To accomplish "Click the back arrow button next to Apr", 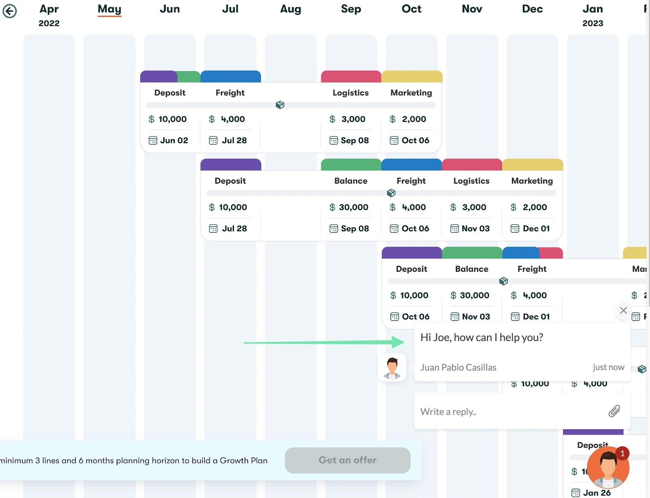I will (10, 11).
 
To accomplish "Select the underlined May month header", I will (109, 9).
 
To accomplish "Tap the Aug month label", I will (290, 9).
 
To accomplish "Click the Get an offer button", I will (347, 460).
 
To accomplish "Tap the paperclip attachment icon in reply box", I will (614, 411).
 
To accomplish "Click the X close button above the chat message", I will (623, 310).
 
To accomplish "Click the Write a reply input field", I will (508, 411).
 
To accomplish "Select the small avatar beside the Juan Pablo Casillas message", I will (392, 367).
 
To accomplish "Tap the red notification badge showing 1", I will (622, 453).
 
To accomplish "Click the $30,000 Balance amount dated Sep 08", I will (353, 207).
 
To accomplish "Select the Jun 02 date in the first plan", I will (173, 141).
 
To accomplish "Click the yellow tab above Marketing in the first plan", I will (412, 76).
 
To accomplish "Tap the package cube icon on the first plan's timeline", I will (280, 105).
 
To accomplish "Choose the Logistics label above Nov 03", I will (471, 181).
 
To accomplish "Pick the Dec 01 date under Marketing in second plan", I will (536, 229).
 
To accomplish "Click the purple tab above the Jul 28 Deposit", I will (230, 165).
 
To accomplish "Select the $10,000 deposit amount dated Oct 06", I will (414, 295).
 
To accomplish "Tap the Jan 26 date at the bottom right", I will (596, 493).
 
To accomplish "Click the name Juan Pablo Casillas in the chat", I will (458, 368).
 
